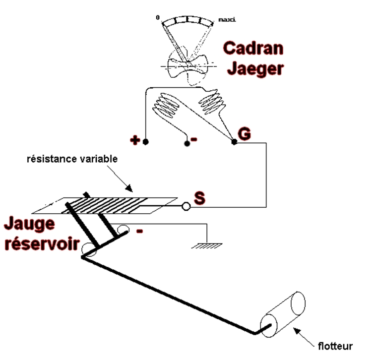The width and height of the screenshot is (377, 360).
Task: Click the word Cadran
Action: pyautogui.click(x=253, y=49)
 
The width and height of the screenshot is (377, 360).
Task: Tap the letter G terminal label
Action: pyautogui.click(x=244, y=133)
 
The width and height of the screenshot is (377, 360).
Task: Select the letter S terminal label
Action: pyautogui.click(x=199, y=199)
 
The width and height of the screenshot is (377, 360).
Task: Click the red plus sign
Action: pyautogui.click(x=135, y=141)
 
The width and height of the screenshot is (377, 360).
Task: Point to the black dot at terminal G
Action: pyautogui.click(x=234, y=142)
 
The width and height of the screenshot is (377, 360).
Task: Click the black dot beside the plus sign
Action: pyautogui.click(x=145, y=143)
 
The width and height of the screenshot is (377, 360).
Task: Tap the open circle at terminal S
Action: pyautogui.click(x=186, y=206)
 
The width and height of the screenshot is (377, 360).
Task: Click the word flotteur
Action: pyautogui.click(x=335, y=346)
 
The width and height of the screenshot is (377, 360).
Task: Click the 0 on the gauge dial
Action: pyautogui.click(x=157, y=18)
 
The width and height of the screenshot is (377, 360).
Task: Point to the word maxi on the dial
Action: pyautogui.click(x=227, y=20)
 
